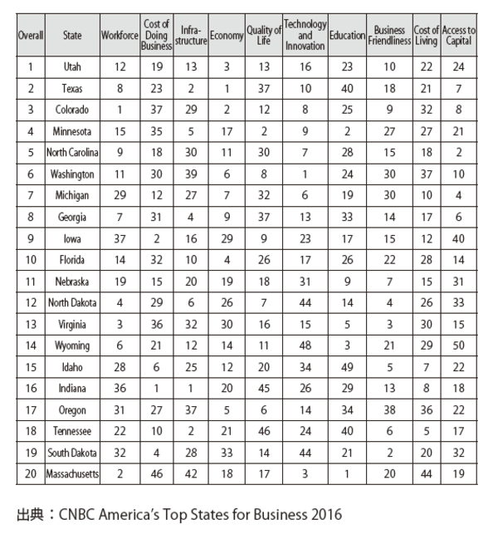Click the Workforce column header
tap(119, 37)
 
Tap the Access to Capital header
tap(459, 37)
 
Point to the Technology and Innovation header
tap(305, 37)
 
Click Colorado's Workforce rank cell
tap(119, 109)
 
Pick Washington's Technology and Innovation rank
tap(305, 174)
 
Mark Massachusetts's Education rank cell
tap(347, 474)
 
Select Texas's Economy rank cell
tap(226, 87)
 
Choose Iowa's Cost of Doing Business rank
tap(156, 238)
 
